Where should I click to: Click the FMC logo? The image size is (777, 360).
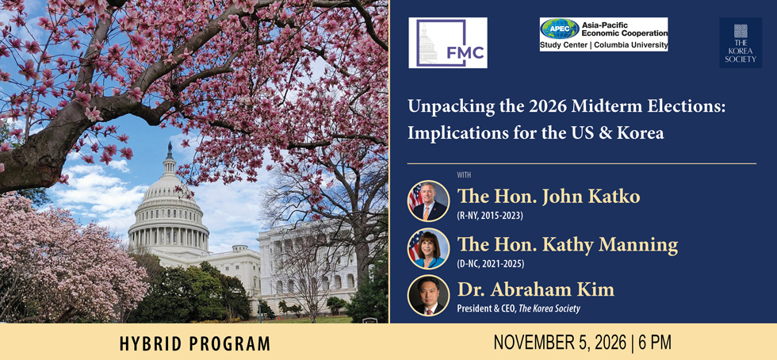click(x=448, y=43)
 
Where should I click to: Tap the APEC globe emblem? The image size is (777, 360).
click(x=560, y=29)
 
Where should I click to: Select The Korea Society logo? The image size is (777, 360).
click(x=741, y=43)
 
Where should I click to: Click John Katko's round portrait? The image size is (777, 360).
click(x=429, y=201)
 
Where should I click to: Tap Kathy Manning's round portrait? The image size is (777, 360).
click(x=429, y=248)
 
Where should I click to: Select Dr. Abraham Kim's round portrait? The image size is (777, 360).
click(x=429, y=296)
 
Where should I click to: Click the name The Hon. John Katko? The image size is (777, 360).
click(x=549, y=197)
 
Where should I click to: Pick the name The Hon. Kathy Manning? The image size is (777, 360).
click(x=568, y=244)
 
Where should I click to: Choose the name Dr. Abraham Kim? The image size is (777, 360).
click(x=536, y=289)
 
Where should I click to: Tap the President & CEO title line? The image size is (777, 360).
click(x=519, y=308)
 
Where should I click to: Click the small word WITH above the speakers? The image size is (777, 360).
click(x=464, y=174)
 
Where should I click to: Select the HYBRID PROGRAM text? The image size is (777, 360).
click(x=195, y=343)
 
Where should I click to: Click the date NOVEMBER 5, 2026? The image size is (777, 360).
click(x=560, y=342)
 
